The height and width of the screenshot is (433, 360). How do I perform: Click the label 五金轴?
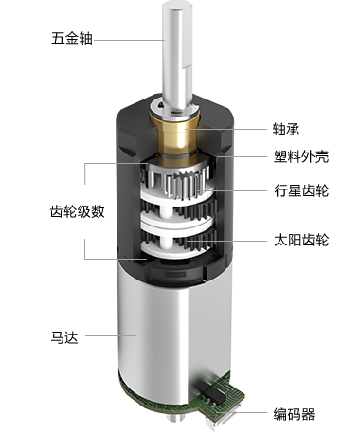(x=72, y=39)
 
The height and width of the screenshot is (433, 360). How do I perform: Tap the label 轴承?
(x=286, y=129)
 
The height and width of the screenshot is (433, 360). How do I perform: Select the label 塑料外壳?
(x=301, y=156)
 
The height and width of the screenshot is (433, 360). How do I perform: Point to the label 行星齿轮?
(x=301, y=190)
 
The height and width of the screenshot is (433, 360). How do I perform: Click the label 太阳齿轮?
(x=301, y=240)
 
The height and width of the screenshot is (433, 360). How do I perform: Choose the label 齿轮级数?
(x=78, y=211)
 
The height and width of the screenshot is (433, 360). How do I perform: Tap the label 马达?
(x=64, y=337)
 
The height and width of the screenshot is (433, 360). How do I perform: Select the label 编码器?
(x=294, y=414)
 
